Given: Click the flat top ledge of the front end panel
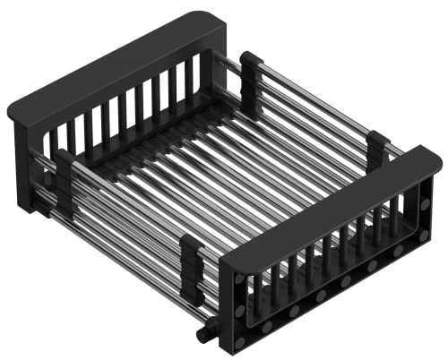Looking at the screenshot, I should tap(332, 210).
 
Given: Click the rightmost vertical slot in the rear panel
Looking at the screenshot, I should tap(194, 75).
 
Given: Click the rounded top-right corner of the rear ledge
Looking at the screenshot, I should tap(219, 19).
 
